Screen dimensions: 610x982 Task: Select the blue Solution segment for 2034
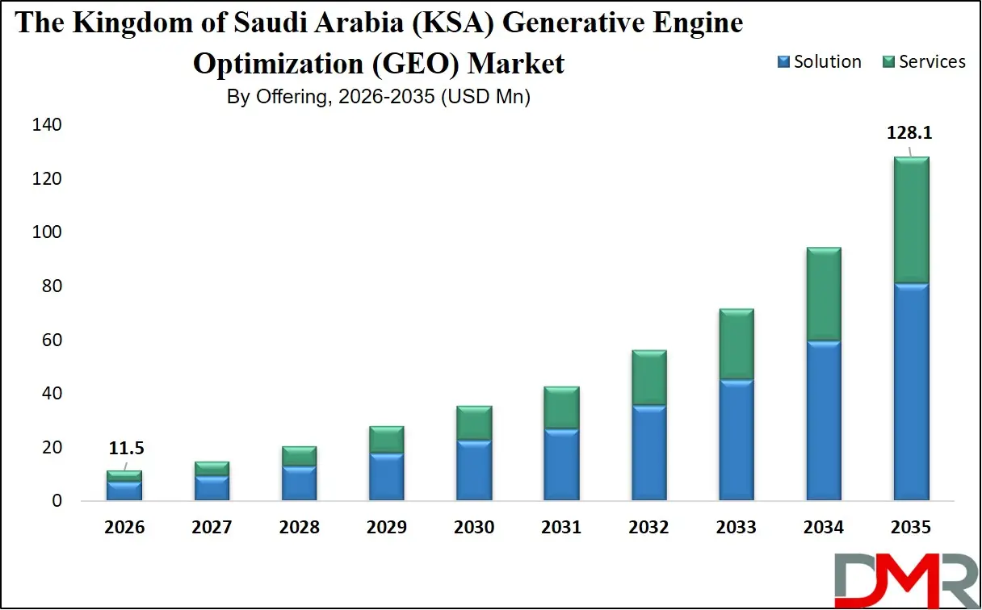tap(824, 420)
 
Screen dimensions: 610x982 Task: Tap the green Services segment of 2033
tap(736, 344)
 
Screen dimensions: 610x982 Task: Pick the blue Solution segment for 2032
tap(649, 452)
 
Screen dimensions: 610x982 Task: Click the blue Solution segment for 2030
tap(474, 470)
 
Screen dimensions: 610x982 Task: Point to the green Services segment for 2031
tap(561, 407)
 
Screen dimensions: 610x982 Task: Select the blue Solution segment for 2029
tap(387, 476)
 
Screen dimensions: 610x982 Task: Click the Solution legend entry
tap(819, 62)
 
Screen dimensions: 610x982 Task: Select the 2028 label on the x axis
tap(299, 528)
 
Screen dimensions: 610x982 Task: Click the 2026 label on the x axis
tap(124, 528)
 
